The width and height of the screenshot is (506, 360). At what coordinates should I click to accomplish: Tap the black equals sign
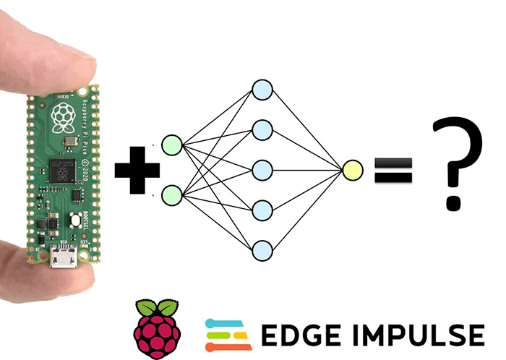click(x=393, y=171)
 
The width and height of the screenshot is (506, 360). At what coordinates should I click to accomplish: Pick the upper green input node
click(x=173, y=145)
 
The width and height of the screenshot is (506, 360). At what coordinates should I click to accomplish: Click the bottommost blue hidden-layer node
click(x=262, y=250)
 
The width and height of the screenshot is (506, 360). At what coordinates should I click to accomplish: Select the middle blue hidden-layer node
click(x=262, y=171)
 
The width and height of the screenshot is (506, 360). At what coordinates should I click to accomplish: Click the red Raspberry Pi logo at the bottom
click(x=154, y=330)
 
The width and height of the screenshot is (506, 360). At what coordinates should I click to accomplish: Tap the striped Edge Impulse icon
click(x=227, y=333)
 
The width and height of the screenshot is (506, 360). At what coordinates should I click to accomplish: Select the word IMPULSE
click(x=417, y=335)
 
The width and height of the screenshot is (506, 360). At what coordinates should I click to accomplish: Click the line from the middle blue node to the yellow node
click(x=307, y=171)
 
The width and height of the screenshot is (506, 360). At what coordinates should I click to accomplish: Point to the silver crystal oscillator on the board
click(x=69, y=142)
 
